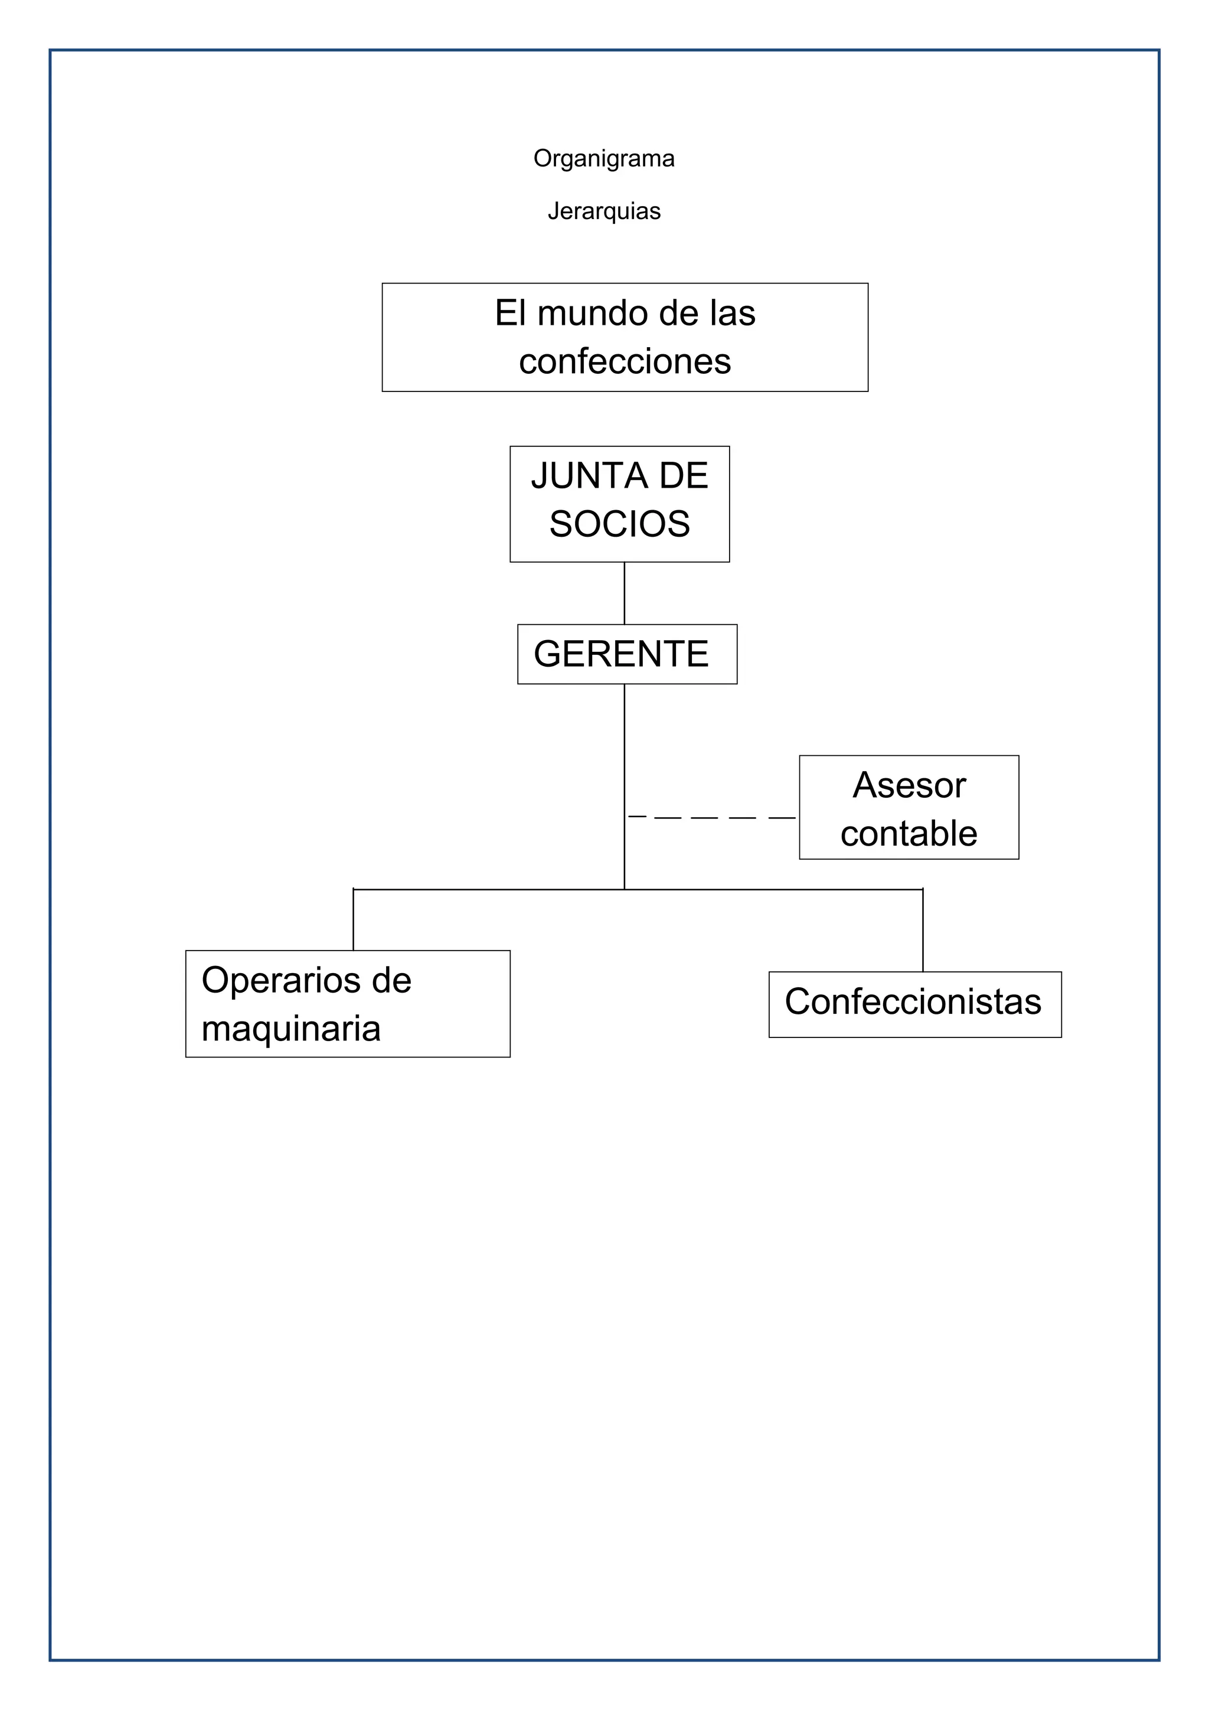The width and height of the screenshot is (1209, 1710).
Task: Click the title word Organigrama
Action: [604, 159]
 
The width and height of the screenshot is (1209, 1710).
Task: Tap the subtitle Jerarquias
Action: [604, 211]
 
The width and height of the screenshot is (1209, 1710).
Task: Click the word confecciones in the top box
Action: [625, 362]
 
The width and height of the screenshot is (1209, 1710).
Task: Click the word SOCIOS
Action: [619, 524]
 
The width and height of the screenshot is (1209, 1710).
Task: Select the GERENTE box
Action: [627, 654]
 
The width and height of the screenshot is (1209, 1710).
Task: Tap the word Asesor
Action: [909, 785]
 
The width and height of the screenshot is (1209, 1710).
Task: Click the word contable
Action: [909, 833]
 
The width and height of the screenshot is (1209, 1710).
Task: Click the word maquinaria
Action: [291, 1029]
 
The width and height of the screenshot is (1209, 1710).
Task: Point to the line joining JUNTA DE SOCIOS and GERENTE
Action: [624, 593]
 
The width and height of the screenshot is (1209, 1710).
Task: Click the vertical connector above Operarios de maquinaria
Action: [353, 920]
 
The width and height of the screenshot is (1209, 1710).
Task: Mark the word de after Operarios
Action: [391, 980]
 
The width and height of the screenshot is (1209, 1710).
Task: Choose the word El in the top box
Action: [510, 314]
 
